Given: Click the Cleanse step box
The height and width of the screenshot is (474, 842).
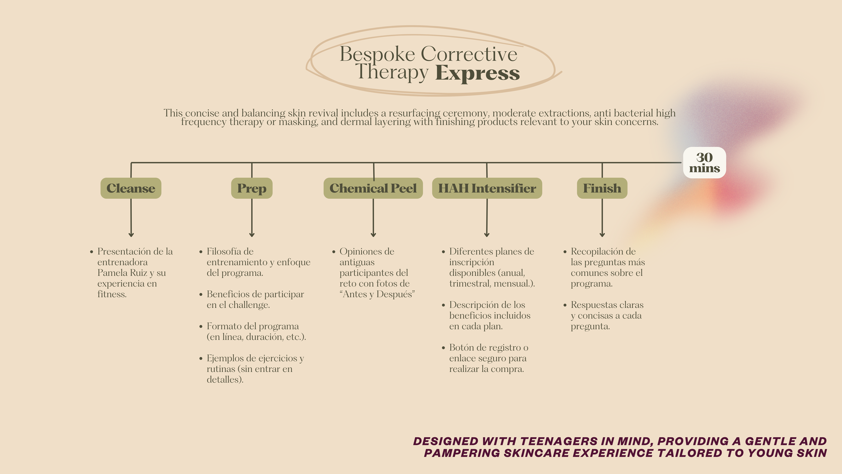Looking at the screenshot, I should [131, 188].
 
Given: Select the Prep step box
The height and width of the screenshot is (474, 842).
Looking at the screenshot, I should [252, 188].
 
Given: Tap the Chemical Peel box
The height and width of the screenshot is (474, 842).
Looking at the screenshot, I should [373, 188].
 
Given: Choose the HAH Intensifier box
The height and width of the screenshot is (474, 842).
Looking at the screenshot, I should [487, 188].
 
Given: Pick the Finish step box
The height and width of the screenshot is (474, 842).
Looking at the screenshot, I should [602, 188].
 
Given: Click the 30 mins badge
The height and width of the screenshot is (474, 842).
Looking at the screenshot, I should [704, 162].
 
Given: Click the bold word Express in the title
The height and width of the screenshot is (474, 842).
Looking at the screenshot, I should [477, 73].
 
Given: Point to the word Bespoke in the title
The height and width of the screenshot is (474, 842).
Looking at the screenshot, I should [377, 54].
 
